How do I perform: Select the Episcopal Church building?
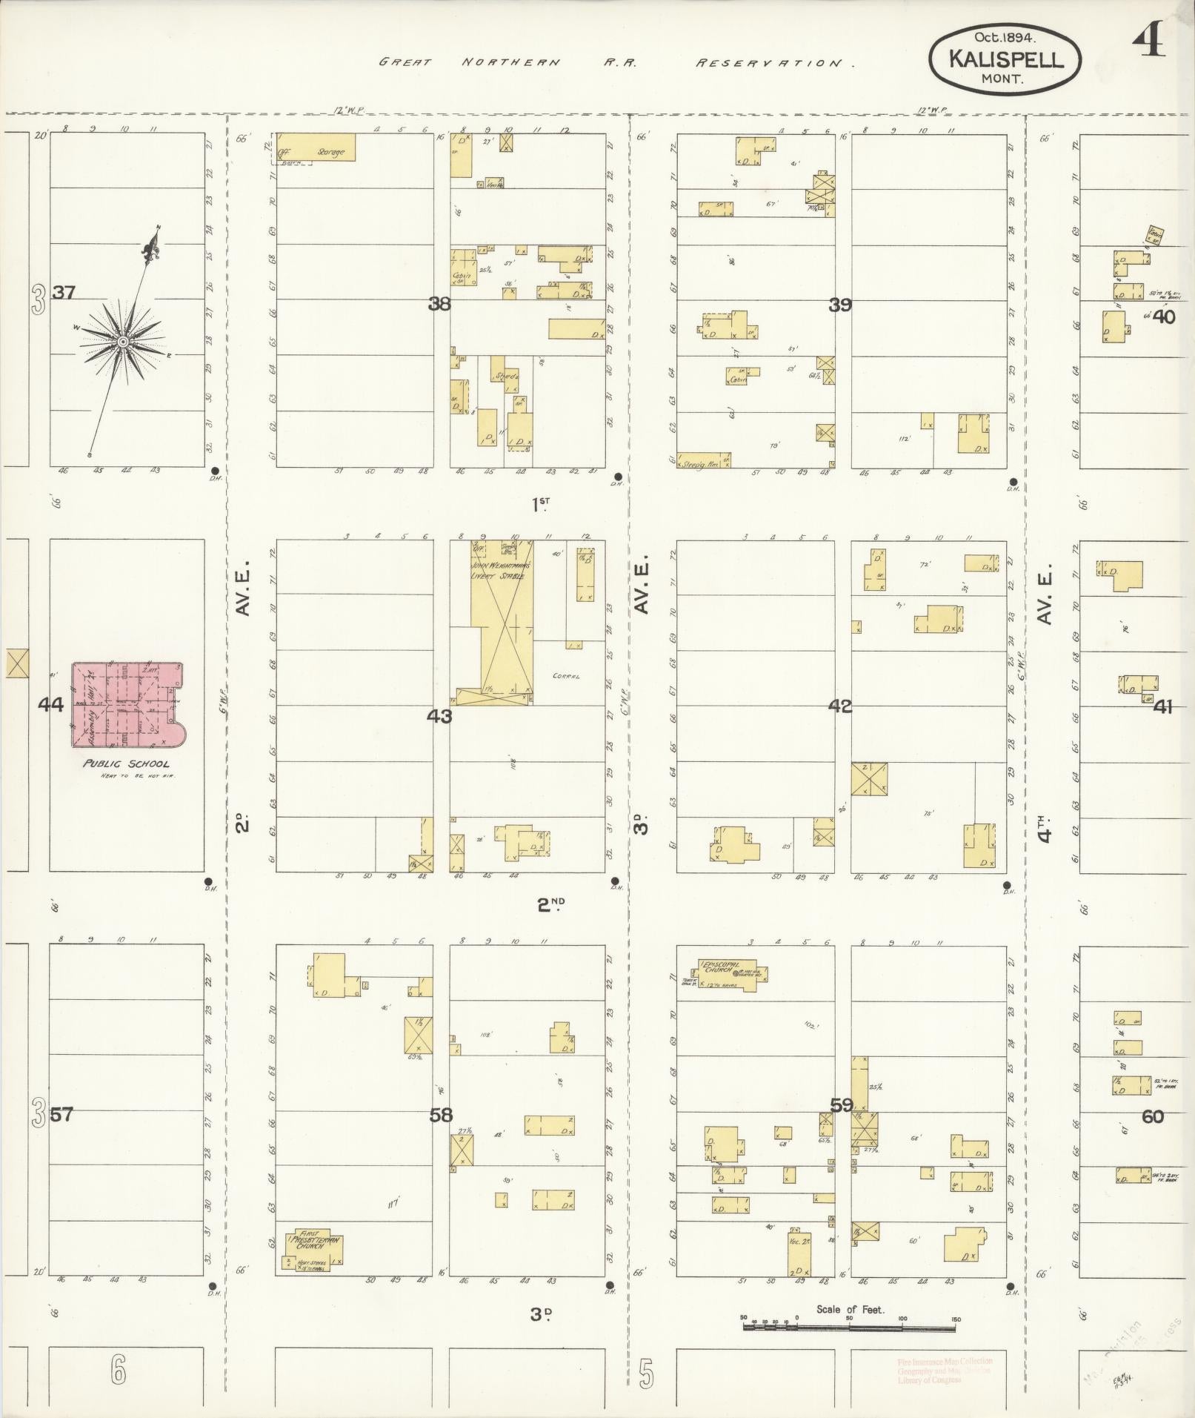730,970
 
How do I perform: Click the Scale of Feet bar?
850,1319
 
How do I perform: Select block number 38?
439,303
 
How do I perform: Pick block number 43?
439,716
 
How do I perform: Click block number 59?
841,1105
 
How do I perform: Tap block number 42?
840,706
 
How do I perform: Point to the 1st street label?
541,505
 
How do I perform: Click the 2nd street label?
550,903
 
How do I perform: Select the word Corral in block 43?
565,676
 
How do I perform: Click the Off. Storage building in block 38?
316,148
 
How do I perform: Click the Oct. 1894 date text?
1005,36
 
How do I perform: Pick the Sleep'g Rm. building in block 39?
703,460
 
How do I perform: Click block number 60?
1153,1116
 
